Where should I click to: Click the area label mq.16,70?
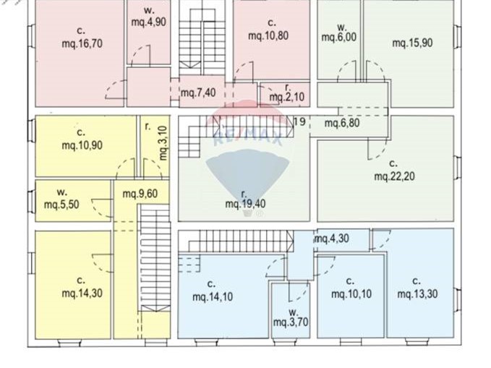(82, 43)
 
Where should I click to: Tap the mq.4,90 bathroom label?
(148, 22)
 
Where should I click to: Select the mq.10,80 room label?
(268, 35)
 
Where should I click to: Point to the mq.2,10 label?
(287, 97)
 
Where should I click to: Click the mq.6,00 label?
(339, 38)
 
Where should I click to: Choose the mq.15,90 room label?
(412, 43)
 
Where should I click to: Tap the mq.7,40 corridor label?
(198, 93)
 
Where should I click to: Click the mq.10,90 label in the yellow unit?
(82, 145)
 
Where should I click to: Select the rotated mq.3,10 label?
(163, 143)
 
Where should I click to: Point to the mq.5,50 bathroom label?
(61, 205)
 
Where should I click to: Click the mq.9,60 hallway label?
(140, 194)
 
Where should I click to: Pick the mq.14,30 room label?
(82, 294)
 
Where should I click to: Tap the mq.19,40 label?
(246, 204)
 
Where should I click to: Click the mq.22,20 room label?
(395, 176)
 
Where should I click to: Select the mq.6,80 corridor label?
(342, 123)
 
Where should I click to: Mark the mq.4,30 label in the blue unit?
(332, 239)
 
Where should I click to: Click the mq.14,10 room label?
(213, 296)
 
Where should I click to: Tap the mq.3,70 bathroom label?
(291, 322)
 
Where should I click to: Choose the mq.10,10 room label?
(351, 294)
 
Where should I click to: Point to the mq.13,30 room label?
(417, 294)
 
